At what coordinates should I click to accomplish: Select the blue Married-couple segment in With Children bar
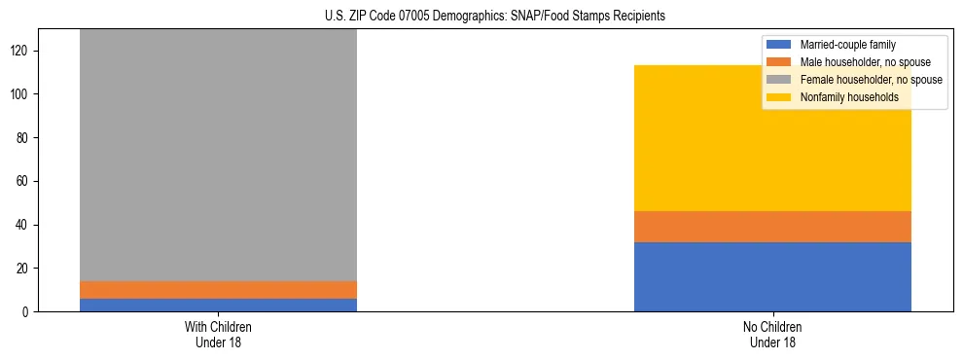(218, 305)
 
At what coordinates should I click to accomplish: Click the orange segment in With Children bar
(218, 290)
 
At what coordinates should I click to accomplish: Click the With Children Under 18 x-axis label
(218, 334)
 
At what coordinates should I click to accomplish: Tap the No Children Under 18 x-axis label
(772, 334)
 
